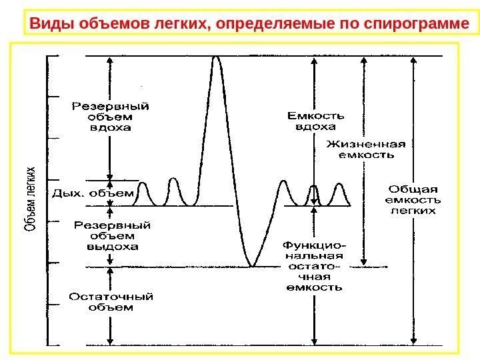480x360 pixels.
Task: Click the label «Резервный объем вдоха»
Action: click(110, 117)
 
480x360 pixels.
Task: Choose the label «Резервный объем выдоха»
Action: click(111, 235)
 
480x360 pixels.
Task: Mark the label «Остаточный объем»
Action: click(111, 302)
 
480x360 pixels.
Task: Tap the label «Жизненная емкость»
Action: click(365, 149)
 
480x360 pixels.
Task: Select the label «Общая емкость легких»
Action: click(413, 198)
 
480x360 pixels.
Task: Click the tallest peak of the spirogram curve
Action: click(216, 57)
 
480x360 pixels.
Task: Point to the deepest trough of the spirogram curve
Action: click(252, 266)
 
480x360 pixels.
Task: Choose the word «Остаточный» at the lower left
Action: click(111, 297)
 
